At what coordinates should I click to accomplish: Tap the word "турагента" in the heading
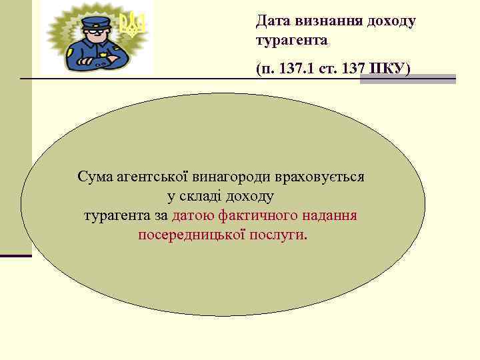[x=291, y=41]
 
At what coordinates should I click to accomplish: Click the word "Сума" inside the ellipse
[x=96, y=177]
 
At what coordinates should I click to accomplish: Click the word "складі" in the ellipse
[x=201, y=197]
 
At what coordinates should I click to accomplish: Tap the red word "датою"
[x=193, y=216]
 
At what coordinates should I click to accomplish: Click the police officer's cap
[x=96, y=21]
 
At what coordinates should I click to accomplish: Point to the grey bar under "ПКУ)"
[x=407, y=79]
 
